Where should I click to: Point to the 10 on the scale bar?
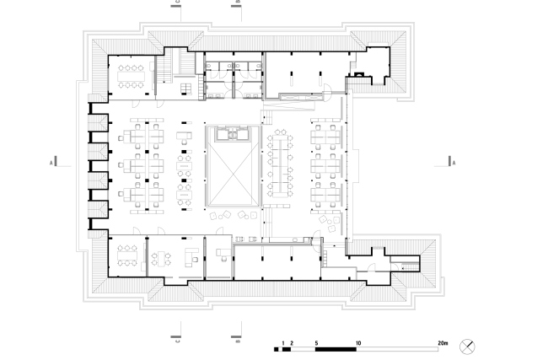click(x=359, y=344)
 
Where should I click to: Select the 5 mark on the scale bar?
click(x=316, y=344)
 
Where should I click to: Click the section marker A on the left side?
click(x=52, y=161)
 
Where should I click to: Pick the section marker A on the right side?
click(x=454, y=161)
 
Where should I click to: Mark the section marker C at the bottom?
click(x=176, y=340)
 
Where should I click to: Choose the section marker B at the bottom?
click(x=237, y=340)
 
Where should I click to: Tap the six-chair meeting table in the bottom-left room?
click(x=128, y=254)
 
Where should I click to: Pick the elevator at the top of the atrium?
click(x=231, y=133)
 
